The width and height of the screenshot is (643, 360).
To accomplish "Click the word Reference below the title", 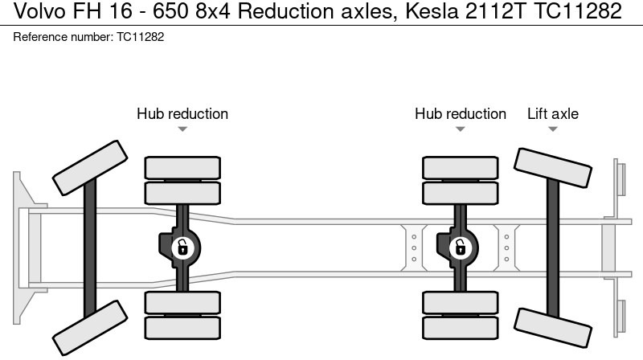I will tap(41, 37).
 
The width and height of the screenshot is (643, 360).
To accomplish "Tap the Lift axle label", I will tap(552, 114).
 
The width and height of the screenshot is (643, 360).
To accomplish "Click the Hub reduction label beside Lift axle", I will tap(461, 114).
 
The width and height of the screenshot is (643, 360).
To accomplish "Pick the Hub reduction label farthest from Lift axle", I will tap(182, 114).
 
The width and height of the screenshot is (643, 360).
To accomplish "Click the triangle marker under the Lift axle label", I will tap(553, 129).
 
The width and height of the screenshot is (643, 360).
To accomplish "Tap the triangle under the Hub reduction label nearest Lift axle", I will tap(461, 129).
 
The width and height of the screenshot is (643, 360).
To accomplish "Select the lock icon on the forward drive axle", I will tap(182, 247).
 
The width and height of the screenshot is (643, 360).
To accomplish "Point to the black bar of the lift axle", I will tap(554, 249).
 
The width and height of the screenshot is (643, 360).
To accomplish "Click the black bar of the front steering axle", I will tap(90, 249).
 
